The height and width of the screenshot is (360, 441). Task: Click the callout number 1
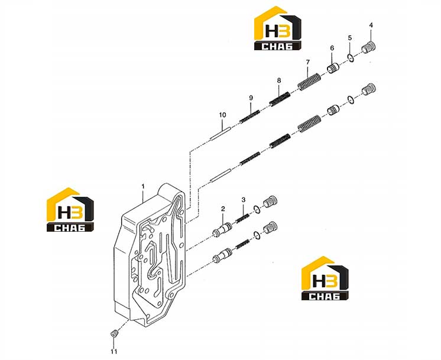[143, 186]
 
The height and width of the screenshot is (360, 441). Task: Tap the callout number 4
[371, 25]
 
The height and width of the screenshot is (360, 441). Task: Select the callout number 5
[350, 38]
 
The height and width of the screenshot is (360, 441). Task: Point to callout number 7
[307, 62]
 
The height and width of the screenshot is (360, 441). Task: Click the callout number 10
[222, 115]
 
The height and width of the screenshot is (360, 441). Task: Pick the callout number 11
[114, 351]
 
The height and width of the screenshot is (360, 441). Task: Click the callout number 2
[223, 209]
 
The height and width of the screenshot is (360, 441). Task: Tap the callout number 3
[244, 200]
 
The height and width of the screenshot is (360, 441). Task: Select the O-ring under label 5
[351, 58]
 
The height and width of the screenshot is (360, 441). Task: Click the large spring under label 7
[309, 82]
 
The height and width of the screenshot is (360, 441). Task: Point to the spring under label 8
[280, 99]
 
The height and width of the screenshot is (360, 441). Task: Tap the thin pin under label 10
[220, 133]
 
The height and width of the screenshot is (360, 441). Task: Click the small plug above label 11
[114, 333]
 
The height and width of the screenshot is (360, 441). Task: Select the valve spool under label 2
[222, 230]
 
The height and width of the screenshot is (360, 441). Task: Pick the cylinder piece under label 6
[333, 69]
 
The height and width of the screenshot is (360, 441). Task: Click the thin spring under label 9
[249, 116]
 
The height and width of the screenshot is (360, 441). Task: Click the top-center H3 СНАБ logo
[278, 28]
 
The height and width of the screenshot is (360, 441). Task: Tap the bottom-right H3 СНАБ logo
[325, 278]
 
